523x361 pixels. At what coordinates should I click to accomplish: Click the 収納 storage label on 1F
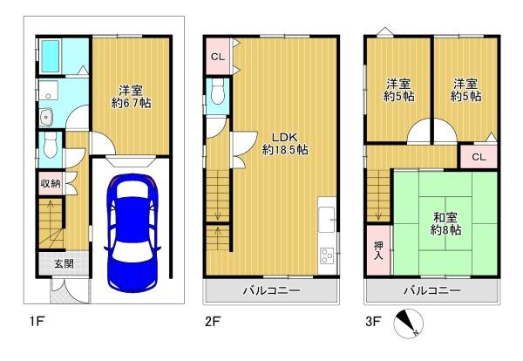49,183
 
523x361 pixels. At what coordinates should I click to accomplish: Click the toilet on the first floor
50,143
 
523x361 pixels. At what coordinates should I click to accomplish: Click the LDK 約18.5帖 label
285,142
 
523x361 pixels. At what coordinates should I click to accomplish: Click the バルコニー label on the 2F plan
272,289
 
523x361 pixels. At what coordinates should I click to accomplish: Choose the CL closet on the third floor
479,156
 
